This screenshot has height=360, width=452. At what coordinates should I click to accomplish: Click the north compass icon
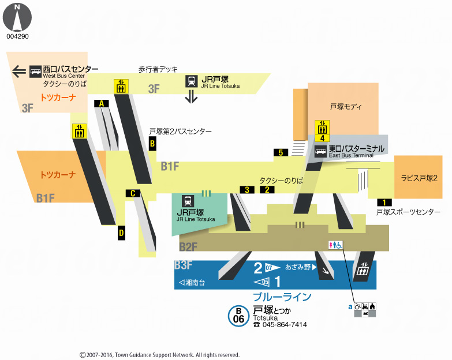click(x=17, y=17)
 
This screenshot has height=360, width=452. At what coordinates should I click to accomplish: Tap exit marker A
click(x=102, y=103)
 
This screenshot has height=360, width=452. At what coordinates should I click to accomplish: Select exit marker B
click(x=152, y=144)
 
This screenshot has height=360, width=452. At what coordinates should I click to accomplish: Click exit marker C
click(x=133, y=193)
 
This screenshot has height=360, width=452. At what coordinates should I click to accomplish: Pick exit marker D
click(x=121, y=233)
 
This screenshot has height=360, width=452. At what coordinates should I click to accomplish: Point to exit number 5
click(x=281, y=153)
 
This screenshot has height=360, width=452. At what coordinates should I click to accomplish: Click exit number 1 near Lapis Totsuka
click(x=384, y=202)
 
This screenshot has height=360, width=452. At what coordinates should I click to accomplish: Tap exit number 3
click(x=247, y=190)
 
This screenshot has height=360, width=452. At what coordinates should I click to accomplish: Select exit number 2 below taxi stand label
click(x=267, y=190)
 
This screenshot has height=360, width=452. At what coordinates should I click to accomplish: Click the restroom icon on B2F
click(x=335, y=245)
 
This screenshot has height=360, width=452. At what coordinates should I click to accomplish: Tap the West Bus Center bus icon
click(x=35, y=71)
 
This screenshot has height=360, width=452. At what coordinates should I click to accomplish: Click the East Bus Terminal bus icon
click(x=320, y=152)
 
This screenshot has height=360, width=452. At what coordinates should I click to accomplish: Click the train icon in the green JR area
click(x=188, y=201)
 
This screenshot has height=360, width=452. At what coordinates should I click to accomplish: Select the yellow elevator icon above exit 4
click(x=322, y=126)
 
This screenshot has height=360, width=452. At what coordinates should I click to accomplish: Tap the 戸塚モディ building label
click(x=346, y=107)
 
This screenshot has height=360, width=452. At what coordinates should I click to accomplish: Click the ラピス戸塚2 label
click(x=419, y=178)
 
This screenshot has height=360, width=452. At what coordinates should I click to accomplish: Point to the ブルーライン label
click(x=282, y=297)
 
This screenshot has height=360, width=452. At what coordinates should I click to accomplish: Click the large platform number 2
click(x=258, y=268)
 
